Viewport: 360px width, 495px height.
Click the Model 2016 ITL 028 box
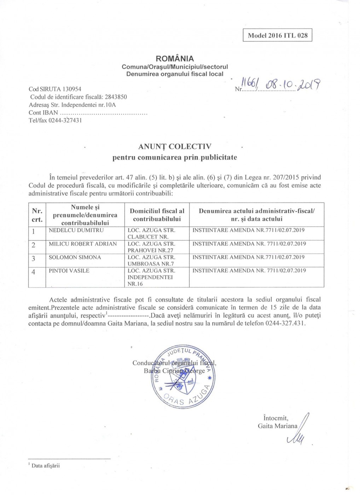[277, 35]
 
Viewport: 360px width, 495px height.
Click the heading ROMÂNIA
[175, 59]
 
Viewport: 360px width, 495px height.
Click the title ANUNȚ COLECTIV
[175, 146]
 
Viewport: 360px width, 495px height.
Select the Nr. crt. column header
[37, 215]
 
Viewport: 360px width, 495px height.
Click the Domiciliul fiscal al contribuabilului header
[157, 215]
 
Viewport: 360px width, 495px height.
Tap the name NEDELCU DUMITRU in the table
[76, 230]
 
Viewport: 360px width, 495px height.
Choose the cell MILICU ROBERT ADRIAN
[83, 244]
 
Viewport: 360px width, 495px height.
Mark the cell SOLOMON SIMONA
[75, 257]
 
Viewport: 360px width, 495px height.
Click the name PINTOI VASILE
[69, 270]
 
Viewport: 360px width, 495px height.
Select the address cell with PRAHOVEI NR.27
[151, 247]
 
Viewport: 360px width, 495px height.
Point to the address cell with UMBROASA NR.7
[151, 260]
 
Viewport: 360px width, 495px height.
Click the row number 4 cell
[34, 272]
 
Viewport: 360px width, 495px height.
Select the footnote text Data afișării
[46, 466]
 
